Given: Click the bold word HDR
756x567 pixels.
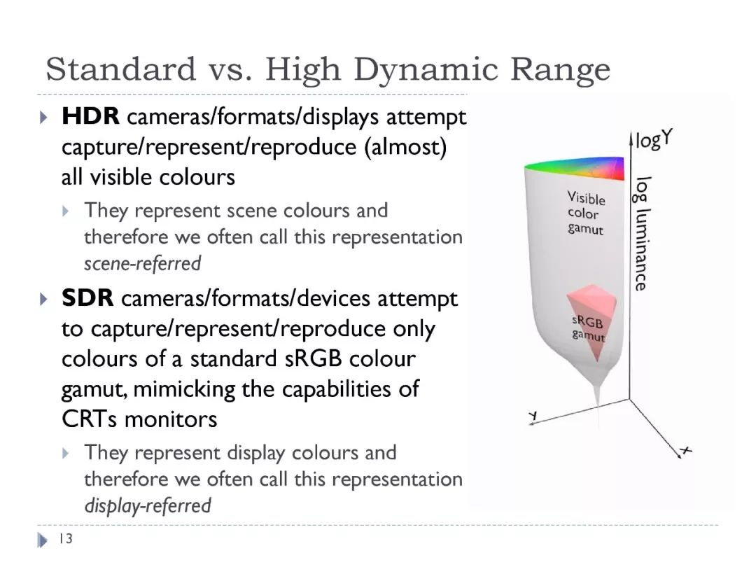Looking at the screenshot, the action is pyautogui.click(x=90, y=116).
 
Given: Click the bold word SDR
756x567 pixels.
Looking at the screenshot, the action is pyautogui.click(x=87, y=298).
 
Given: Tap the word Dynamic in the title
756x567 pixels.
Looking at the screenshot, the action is pyautogui.click(x=426, y=70).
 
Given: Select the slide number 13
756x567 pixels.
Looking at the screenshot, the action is pyautogui.click(x=66, y=538).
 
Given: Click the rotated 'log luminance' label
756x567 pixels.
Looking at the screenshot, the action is pyautogui.click(x=642, y=234).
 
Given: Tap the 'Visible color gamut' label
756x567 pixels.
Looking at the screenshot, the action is pyautogui.click(x=586, y=213).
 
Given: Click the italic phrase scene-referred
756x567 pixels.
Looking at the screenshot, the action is pyautogui.click(x=143, y=264).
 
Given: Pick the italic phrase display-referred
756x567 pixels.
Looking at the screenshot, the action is pyautogui.click(x=148, y=506).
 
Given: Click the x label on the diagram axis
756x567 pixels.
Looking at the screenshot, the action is pyautogui.click(x=685, y=451).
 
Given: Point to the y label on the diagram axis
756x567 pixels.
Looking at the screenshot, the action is pyautogui.click(x=533, y=416).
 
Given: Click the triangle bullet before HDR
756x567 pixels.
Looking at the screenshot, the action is pyautogui.click(x=43, y=117).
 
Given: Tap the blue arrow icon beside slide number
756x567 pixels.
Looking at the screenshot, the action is pyautogui.click(x=43, y=540).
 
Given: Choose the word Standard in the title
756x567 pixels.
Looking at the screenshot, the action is pyautogui.click(x=121, y=70).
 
